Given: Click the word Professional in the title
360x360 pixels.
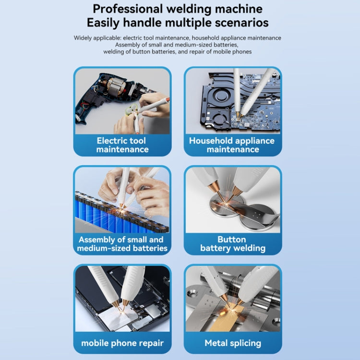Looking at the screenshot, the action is (127, 10).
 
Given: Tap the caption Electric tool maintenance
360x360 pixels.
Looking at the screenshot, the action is (122, 145).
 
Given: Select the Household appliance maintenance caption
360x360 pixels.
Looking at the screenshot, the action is (232, 145).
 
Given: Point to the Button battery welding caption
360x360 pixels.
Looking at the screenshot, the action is (233, 243).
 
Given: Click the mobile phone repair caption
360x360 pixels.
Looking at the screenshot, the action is (122, 343).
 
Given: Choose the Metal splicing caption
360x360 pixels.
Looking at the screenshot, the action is (233, 343).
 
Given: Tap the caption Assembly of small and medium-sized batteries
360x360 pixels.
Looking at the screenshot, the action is (122, 243).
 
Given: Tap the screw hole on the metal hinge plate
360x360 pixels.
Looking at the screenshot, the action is (192, 293).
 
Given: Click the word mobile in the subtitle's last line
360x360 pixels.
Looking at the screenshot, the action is (222, 52).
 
